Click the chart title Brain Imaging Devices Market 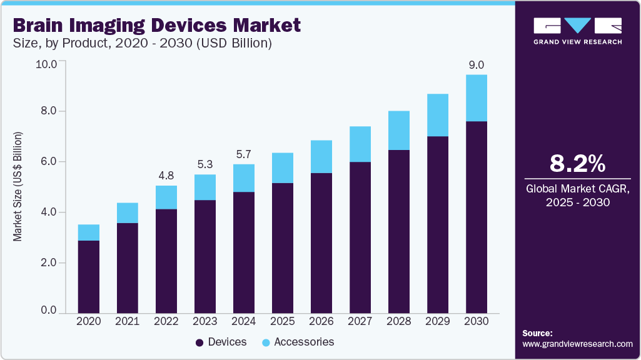(157, 26)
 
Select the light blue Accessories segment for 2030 (477, 98)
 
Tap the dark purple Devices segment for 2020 (89, 276)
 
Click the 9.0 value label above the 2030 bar (477, 64)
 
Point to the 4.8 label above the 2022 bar (166, 175)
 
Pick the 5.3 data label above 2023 (205, 164)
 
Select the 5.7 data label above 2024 (244, 154)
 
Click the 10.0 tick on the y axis (48, 64)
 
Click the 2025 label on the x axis (283, 321)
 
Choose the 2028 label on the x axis (399, 321)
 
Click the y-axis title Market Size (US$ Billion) (18, 187)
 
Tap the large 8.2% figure (577, 164)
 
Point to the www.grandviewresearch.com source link (577, 344)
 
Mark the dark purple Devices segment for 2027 (360, 237)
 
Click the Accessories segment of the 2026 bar (321, 157)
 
